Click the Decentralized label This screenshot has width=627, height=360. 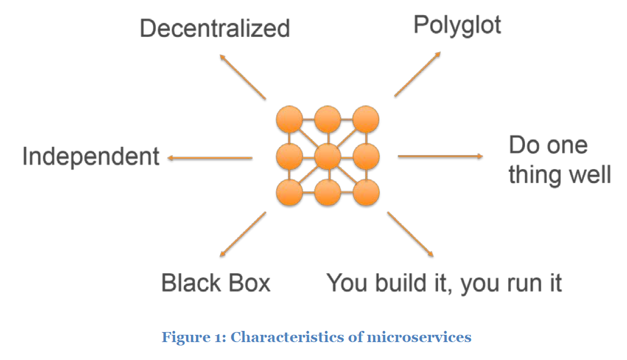215,29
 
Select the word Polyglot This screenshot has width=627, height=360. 457,25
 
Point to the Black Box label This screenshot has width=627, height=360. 216,283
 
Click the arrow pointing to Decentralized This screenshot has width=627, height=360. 242,77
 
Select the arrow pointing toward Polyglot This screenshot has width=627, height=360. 417,74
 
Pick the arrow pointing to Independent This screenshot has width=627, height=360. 210,158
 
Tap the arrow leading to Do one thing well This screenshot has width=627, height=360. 440,156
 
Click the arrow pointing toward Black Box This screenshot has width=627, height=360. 243,233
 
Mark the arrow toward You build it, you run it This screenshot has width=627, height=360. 410,234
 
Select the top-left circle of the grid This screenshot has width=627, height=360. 289,120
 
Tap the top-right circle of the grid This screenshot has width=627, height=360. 366,120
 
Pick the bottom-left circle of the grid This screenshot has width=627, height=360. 289,193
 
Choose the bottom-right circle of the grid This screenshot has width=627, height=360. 366,193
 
